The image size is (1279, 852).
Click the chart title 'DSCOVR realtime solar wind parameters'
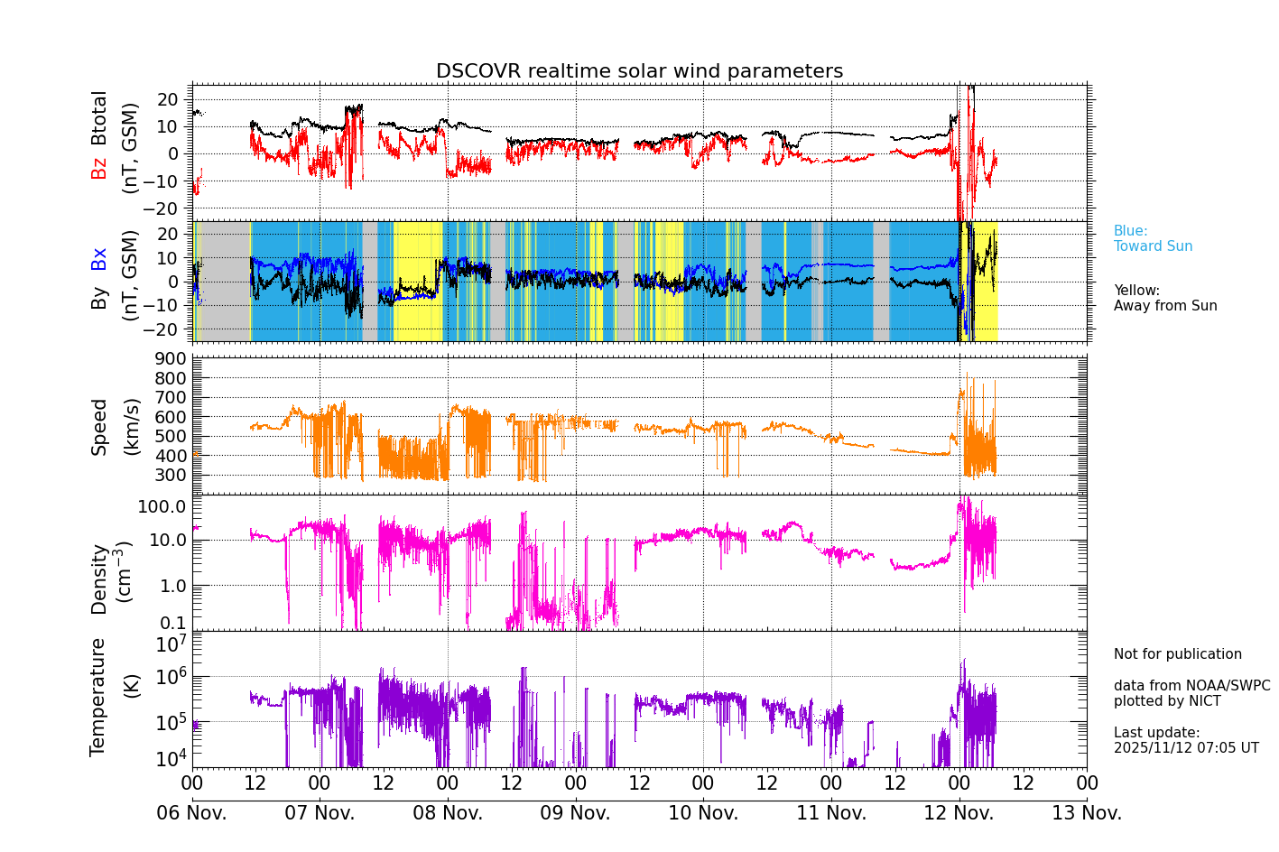pyautogui.click(x=639, y=71)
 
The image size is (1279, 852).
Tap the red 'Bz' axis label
pyautogui.click(x=99, y=168)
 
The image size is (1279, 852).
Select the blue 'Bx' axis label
pyautogui.click(x=99, y=259)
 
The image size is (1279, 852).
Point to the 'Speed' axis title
pyautogui.click(x=99, y=426)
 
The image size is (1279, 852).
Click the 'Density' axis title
pyautogui.click(x=99, y=579)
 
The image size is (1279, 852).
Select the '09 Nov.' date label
pyautogui.click(x=575, y=813)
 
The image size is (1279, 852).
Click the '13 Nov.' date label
pyautogui.click(x=1087, y=813)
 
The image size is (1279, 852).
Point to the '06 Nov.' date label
pyautogui.click(x=192, y=813)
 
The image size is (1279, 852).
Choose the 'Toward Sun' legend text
pyautogui.click(x=1153, y=246)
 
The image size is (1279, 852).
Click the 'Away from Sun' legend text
pyautogui.click(x=1165, y=306)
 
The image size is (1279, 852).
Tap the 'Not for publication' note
pyautogui.click(x=1177, y=654)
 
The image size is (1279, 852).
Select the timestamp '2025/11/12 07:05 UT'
pyautogui.click(x=1185, y=748)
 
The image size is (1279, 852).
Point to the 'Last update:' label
pyautogui.click(x=1156, y=733)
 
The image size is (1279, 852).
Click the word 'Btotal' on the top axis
pyautogui.click(x=99, y=117)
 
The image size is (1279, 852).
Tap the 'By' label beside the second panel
pyautogui.click(x=99, y=298)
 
